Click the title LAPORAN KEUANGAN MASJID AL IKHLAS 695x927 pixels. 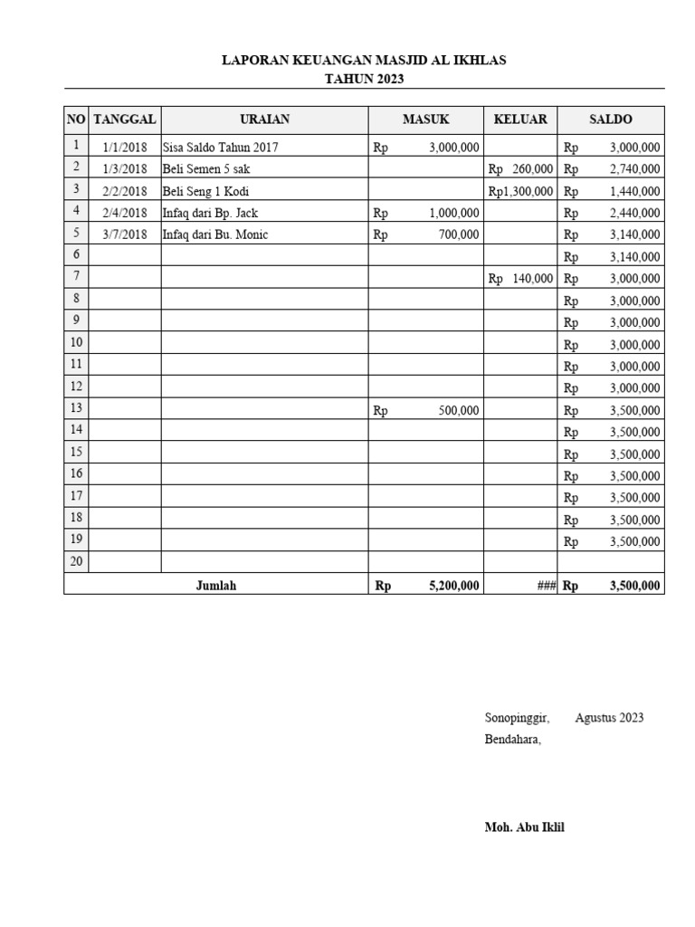[x=364, y=61]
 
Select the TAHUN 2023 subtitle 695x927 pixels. [x=364, y=79]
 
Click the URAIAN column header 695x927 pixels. [x=264, y=119]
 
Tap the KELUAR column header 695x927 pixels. [x=519, y=119]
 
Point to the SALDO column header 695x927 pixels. [x=610, y=119]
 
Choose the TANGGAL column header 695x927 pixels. [x=125, y=119]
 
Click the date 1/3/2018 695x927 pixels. [x=125, y=169]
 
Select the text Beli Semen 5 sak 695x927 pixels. [x=205, y=169]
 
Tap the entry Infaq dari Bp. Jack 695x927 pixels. [x=210, y=213]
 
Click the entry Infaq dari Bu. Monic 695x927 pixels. [x=215, y=234]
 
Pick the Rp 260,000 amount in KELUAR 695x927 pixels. [x=520, y=169]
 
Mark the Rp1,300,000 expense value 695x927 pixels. [x=520, y=191]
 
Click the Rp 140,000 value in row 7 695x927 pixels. [x=520, y=279]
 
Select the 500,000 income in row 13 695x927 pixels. [x=458, y=410]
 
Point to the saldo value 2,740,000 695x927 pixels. [x=634, y=169]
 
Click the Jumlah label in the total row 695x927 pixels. [x=215, y=586]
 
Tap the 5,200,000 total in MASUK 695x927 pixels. [x=453, y=586]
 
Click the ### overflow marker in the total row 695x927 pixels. [x=546, y=586]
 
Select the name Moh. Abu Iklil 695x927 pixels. [x=524, y=827]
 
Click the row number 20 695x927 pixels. [x=76, y=561]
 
